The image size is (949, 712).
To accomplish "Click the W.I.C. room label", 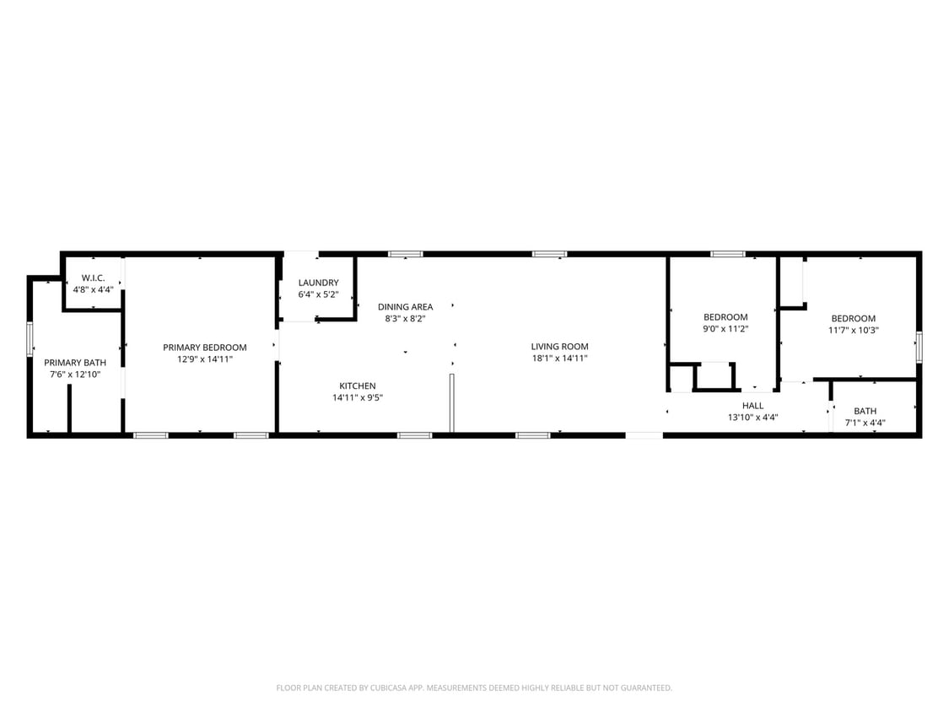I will point(93,278).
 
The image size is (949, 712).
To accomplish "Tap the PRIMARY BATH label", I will point(75,363).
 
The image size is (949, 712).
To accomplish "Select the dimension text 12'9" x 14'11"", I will point(205,359).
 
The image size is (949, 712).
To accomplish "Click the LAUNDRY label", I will point(318,283).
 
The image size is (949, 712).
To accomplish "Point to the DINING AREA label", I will point(405,307).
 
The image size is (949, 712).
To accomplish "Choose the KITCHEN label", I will point(358,386).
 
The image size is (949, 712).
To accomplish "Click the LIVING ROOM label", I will point(559,347).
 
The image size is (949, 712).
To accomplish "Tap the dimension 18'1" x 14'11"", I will point(559,358).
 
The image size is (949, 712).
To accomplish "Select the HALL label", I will point(752,406).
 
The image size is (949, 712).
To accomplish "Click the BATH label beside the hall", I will point(865,412).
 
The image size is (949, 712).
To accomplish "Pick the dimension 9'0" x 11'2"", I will point(725,329).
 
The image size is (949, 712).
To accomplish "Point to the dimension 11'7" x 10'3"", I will point(853,331).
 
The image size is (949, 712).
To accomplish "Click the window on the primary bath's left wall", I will point(30,339).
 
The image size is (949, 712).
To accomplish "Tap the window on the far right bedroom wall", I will point(919,347).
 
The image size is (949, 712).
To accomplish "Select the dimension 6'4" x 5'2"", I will point(318,294).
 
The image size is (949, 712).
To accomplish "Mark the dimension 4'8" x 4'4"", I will point(93,289).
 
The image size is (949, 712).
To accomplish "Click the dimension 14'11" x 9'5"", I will point(358,397).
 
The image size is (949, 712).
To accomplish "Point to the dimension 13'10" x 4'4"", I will point(752,417).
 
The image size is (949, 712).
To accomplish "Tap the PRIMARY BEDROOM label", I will point(205,348).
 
